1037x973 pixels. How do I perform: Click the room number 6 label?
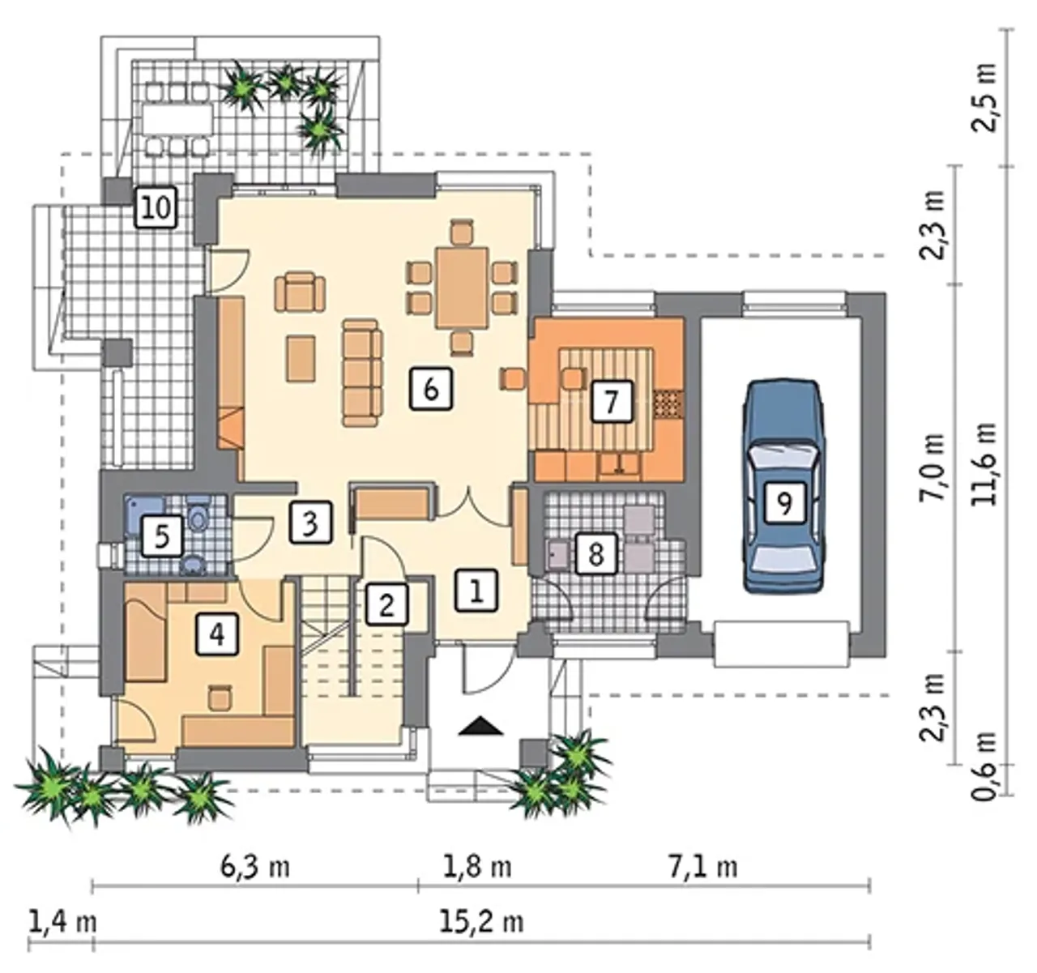[431, 388]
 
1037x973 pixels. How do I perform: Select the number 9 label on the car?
[784, 502]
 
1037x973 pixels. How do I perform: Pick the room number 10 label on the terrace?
[156, 208]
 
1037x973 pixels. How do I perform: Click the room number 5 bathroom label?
[162, 536]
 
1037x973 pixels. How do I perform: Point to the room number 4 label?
[217, 634]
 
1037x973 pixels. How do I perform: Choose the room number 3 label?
[310, 523]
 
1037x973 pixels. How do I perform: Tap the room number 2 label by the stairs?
[386, 605]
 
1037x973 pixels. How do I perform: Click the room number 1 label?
[476, 591]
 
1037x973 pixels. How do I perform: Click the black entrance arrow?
[481, 727]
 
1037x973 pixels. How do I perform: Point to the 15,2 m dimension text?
[481, 922]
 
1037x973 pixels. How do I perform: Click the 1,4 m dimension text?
[62, 922]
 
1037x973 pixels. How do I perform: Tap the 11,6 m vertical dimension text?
[984, 463]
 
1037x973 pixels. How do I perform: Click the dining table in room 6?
[463, 288]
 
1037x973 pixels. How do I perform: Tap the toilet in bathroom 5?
[198, 514]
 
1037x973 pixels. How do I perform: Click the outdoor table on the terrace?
[177, 118]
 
